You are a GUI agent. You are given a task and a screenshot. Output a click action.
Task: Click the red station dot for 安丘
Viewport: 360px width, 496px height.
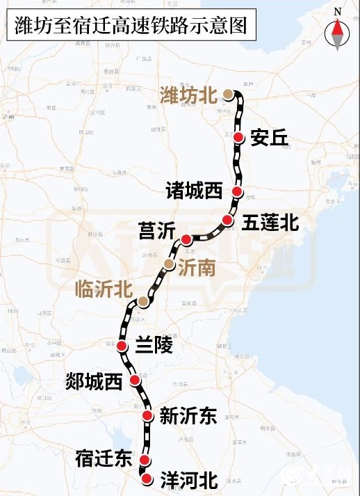[x=239, y=138]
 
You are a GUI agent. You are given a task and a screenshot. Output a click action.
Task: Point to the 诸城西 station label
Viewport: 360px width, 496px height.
[x=195, y=191]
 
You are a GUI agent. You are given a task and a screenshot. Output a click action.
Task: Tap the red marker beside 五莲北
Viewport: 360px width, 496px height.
[x=227, y=220]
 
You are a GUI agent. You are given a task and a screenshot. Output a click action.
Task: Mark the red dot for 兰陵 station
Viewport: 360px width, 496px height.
[x=122, y=346]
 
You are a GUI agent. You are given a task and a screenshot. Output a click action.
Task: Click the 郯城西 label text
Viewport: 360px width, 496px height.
[x=94, y=381]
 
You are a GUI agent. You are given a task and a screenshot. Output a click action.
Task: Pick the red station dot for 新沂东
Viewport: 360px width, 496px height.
[x=147, y=415]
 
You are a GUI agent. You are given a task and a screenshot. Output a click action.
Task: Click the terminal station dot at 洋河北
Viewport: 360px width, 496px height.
[x=146, y=478]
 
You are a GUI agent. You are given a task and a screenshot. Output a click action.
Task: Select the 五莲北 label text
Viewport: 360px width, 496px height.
[x=270, y=223]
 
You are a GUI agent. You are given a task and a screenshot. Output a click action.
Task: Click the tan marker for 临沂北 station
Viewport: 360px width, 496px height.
[x=143, y=301]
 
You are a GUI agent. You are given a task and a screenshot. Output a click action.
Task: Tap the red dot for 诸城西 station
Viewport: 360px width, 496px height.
[x=238, y=191]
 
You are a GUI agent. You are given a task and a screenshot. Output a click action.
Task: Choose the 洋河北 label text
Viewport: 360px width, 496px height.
[x=189, y=479]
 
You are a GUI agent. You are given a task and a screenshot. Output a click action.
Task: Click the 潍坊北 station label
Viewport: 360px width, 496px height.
[x=188, y=95]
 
